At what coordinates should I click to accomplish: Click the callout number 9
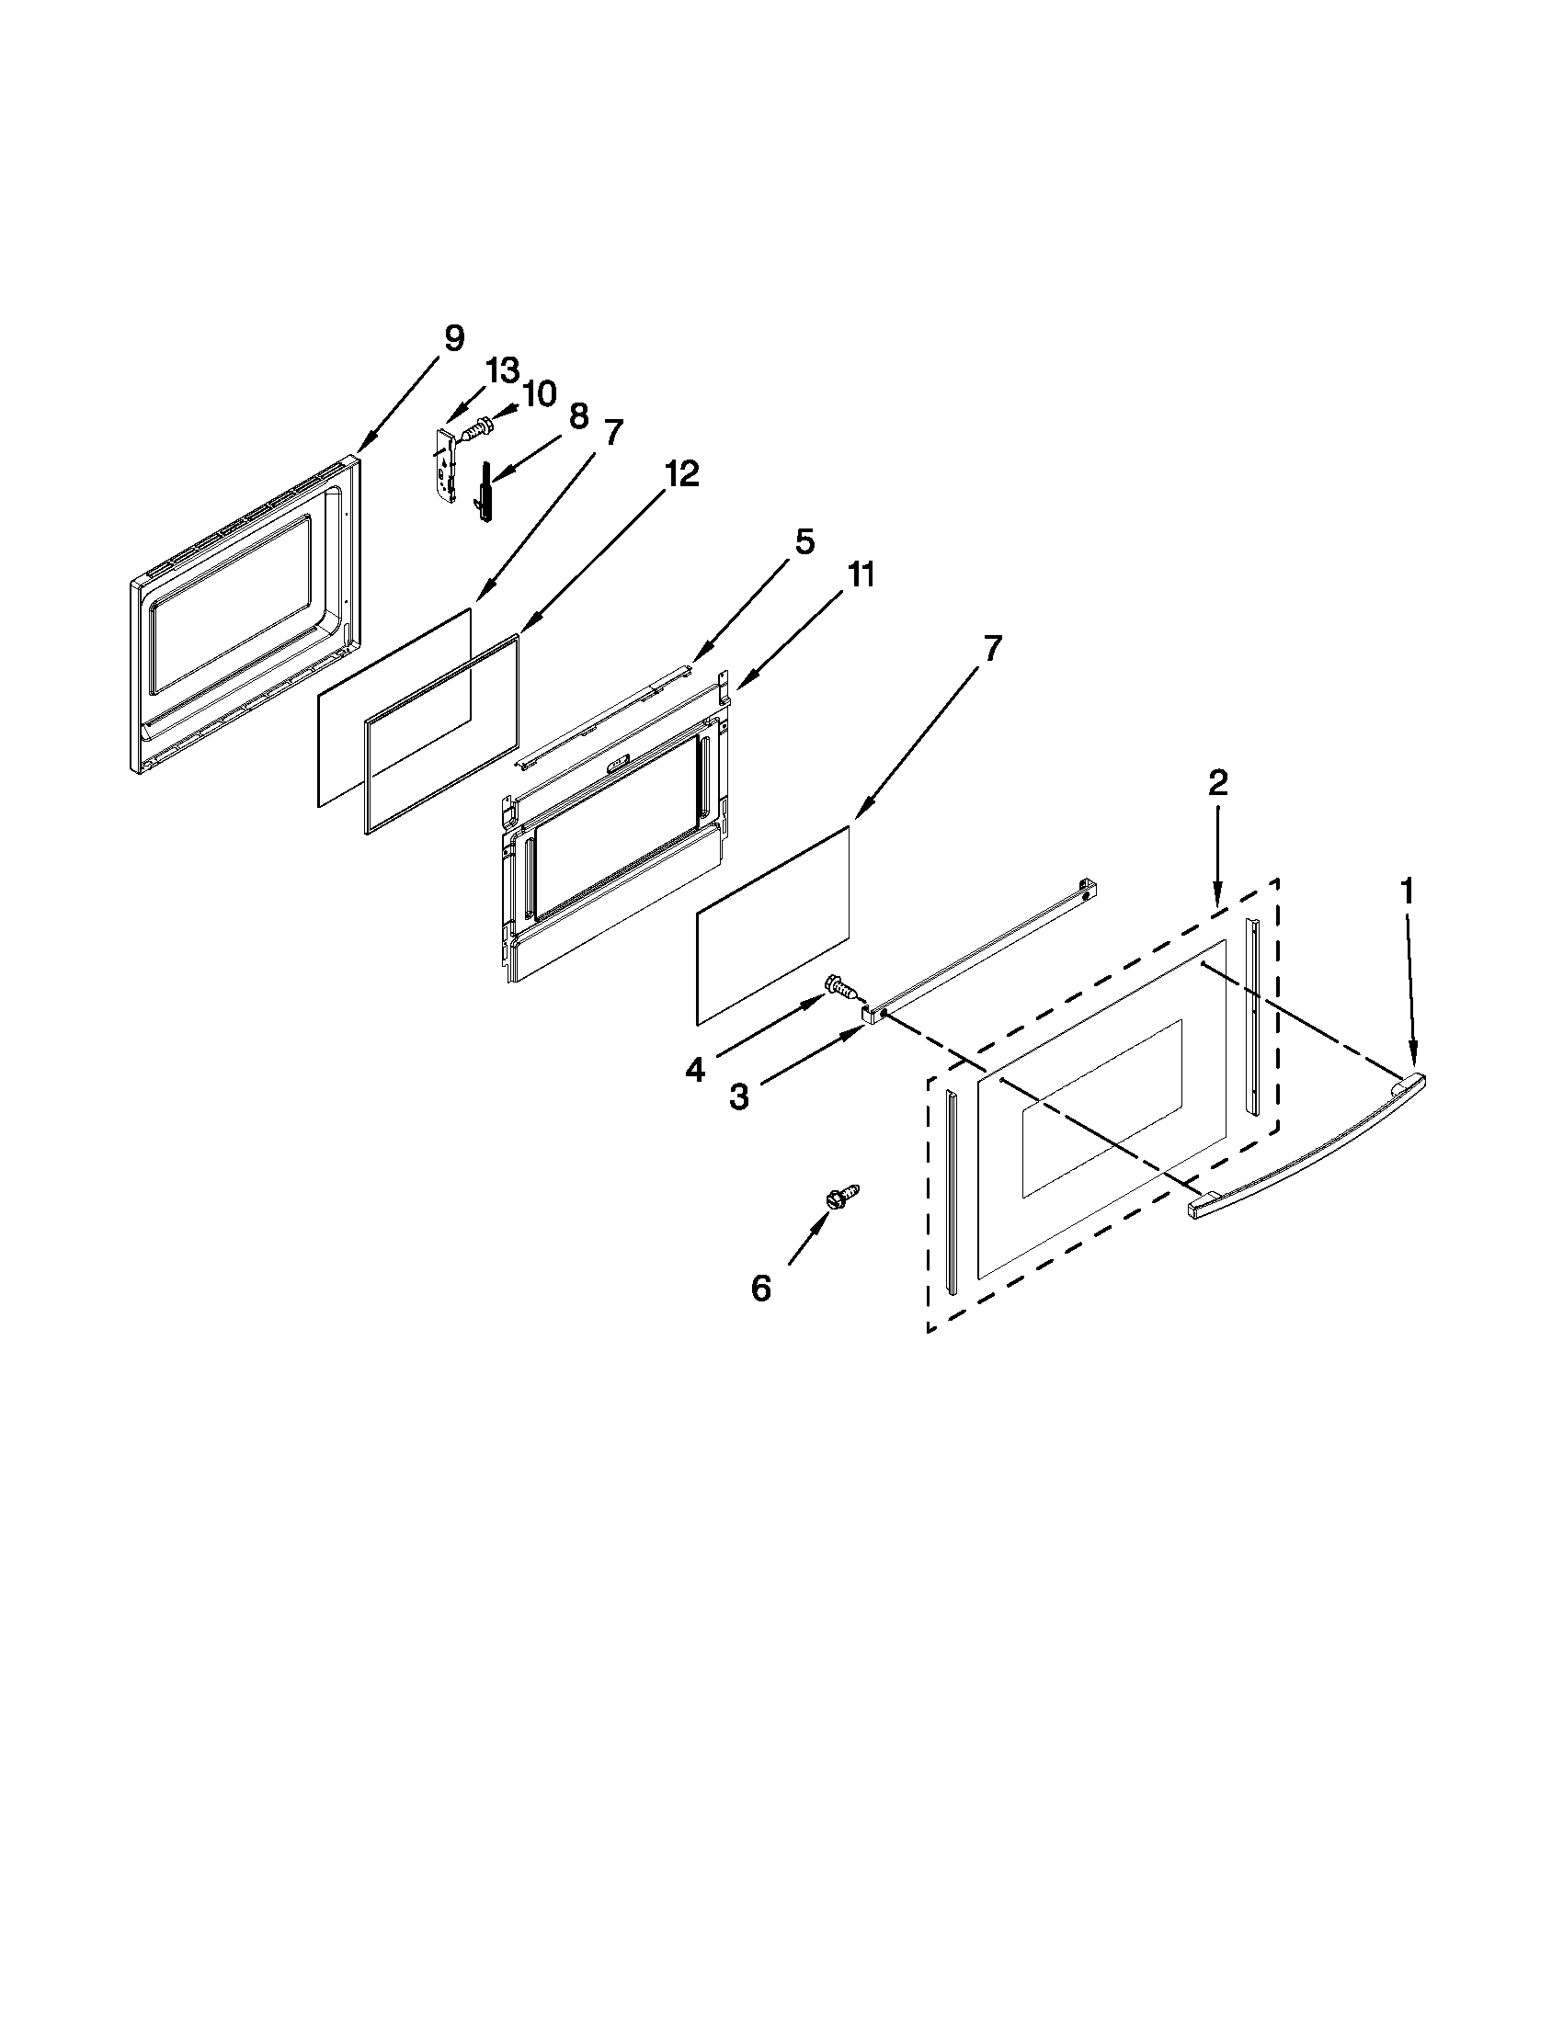click(x=452, y=339)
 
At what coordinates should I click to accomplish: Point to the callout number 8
click(x=578, y=416)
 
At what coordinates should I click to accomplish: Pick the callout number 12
click(x=680, y=474)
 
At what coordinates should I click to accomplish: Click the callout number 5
click(x=804, y=541)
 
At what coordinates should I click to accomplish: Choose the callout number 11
click(x=861, y=575)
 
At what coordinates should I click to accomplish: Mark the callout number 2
click(x=1217, y=783)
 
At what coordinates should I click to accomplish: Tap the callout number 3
click(x=738, y=1097)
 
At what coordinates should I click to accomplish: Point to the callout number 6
click(x=760, y=1288)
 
